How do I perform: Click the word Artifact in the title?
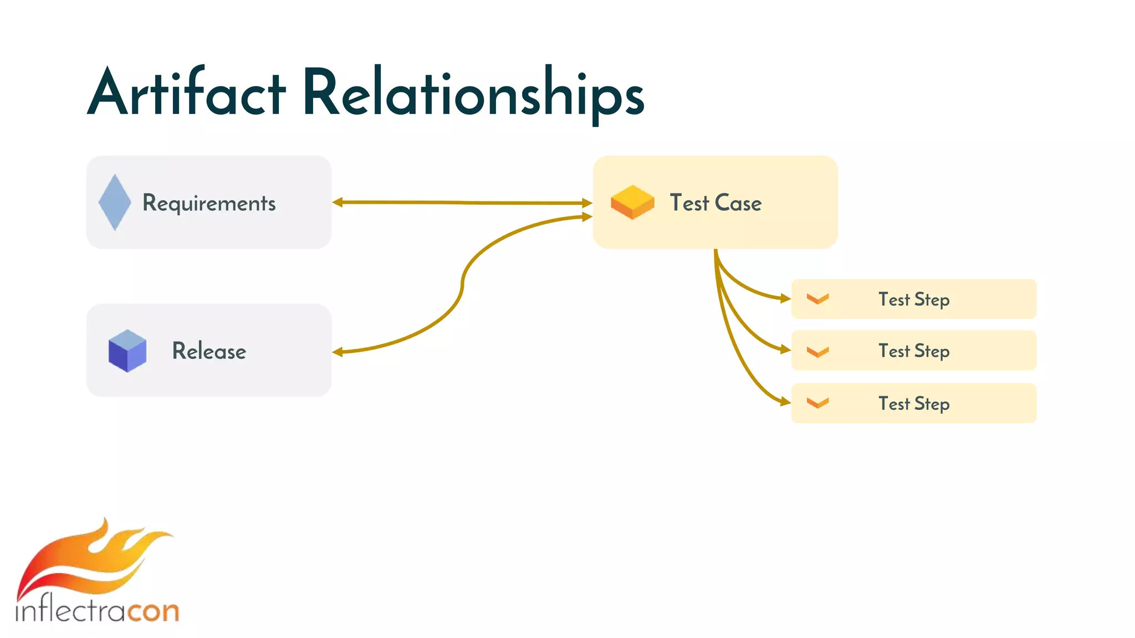187,93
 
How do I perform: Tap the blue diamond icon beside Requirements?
115,202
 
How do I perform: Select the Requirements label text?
209,203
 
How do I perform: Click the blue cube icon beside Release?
127,351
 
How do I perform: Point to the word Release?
209,351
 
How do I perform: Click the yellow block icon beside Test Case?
632,202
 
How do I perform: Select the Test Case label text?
715,203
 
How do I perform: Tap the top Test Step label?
914,300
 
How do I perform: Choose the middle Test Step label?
914,351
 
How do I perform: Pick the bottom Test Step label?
914,404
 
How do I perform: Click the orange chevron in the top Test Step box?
817,299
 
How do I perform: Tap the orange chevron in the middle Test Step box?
817,352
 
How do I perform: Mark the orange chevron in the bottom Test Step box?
817,403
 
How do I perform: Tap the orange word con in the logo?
154,611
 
